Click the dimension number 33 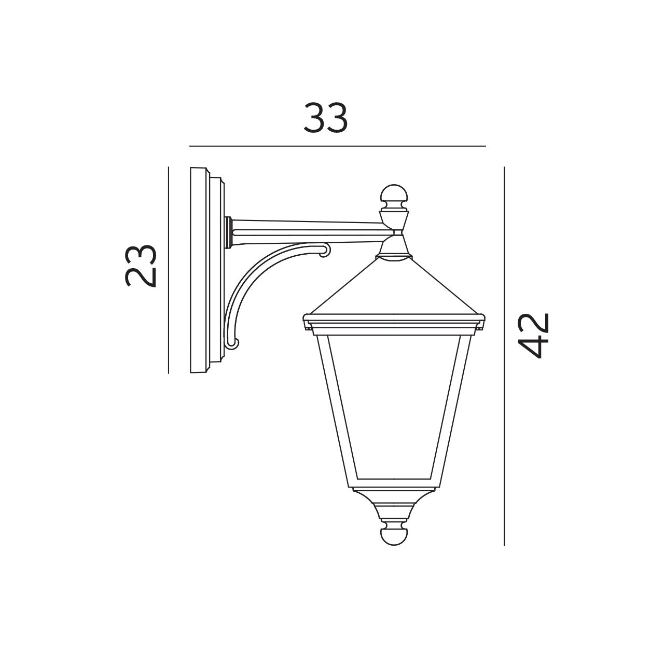click(x=325, y=118)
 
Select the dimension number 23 click(x=141, y=265)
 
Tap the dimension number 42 click(x=534, y=336)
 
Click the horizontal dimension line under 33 click(x=337, y=146)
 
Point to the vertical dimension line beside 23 click(x=169, y=270)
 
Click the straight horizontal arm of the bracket click(x=306, y=232)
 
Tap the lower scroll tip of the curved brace click(x=233, y=343)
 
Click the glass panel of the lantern click(x=394, y=405)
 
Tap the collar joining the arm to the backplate click(x=228, y=232)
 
